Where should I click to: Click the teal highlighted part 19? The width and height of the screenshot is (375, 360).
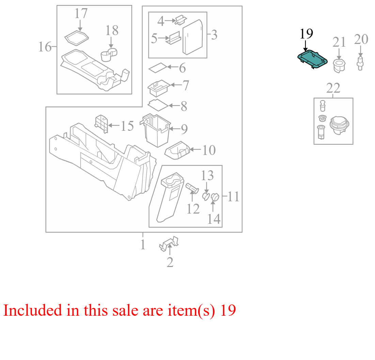point(312,59)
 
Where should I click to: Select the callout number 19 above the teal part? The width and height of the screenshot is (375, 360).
point(306,34)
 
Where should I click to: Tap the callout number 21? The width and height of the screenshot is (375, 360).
point(339,42)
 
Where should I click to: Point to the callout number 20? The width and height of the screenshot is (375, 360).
point(361,39)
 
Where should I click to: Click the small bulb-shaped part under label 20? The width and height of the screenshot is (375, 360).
point(360,63)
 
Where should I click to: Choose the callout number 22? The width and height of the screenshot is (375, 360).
point(333,88)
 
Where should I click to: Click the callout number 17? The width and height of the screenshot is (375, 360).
point(81,13)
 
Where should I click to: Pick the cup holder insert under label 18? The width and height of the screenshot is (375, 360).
point(109,55)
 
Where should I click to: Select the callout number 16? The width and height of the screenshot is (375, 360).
point(45,47)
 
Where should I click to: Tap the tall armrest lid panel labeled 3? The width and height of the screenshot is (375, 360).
point(193,37)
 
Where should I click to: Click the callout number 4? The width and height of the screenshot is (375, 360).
point(161,21)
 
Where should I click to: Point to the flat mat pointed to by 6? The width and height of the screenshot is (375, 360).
point(158,68)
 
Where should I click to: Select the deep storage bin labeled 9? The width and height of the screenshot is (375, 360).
point(157,130)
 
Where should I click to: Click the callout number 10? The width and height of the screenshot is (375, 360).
point(209,150)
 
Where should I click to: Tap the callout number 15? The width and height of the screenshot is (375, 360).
point(127,126)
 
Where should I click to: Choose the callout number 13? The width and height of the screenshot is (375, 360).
point(207,176)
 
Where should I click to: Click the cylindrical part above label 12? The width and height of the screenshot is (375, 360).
point(192,188)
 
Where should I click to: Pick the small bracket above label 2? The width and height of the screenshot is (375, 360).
point(169,244)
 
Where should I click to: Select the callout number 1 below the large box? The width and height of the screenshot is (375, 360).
point(143,245)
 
